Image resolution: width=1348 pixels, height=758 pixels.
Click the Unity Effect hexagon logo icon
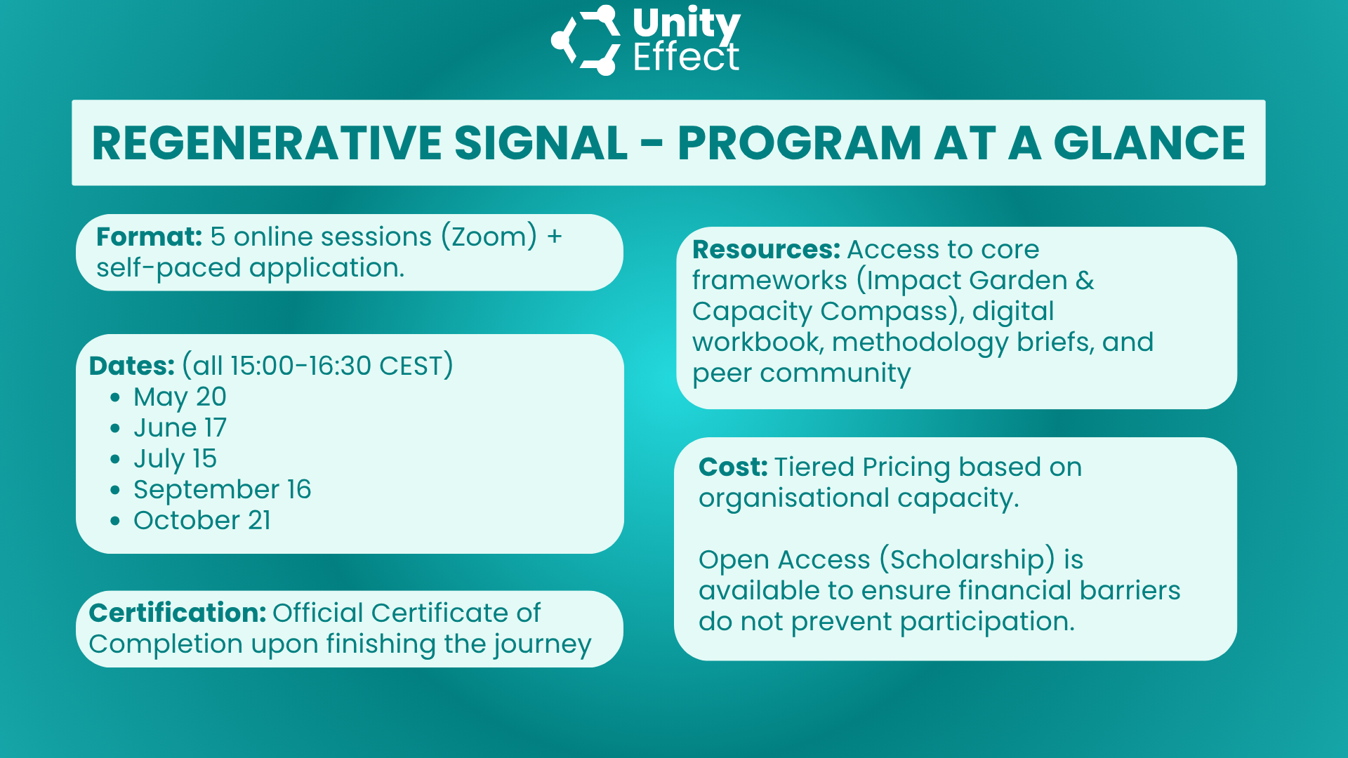tap(585, 40)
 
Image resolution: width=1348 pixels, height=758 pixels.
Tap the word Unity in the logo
tap(686, 24)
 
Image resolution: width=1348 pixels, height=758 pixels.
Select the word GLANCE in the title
tap(1149, 143)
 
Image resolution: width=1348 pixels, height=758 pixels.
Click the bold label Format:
tap(150, 237)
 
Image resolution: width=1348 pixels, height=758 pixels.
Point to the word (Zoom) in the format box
tap(489, 237)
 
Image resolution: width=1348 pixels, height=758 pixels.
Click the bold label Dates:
tap(132, 366)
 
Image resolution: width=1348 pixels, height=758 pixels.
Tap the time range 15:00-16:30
tap(300, 366)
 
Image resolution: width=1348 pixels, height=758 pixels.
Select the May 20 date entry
tap(180, 397)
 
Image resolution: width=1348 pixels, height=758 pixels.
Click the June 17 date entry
tap(180, 427)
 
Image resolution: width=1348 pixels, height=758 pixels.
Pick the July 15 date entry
tap(175, 459)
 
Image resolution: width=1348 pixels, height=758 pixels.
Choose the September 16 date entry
tap(222, 490)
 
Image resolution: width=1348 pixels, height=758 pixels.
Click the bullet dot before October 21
tap(115, 521)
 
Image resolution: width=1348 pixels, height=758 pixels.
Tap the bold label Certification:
tap(178, 613)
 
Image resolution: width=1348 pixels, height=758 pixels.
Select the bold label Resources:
tap(766, 249)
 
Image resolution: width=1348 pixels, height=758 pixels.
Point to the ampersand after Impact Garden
tap(1085, 280)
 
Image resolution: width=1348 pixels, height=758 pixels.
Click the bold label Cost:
tap(734, 467)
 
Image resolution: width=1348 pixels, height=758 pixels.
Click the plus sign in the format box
tap(555, 237)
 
